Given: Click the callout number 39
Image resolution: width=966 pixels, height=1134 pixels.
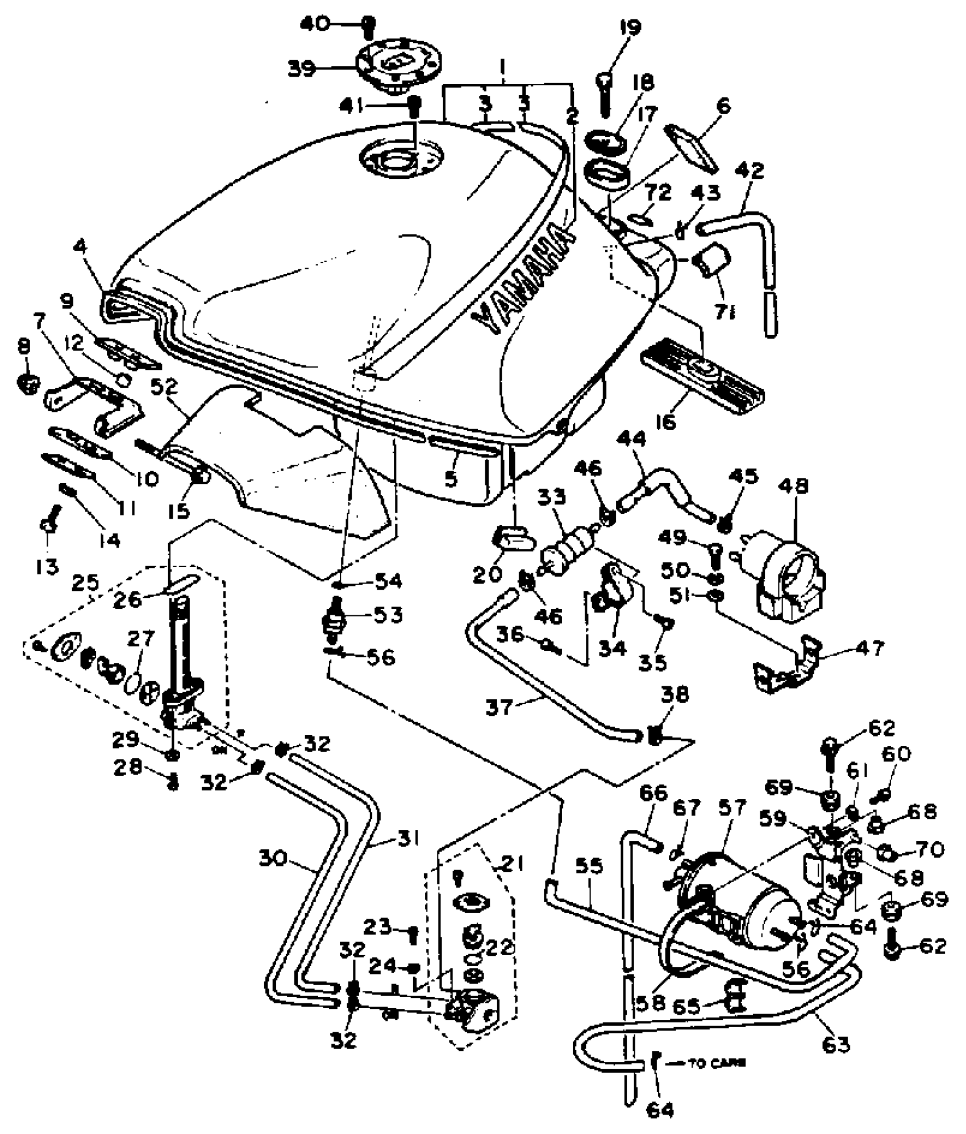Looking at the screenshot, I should (x=301, y=69).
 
